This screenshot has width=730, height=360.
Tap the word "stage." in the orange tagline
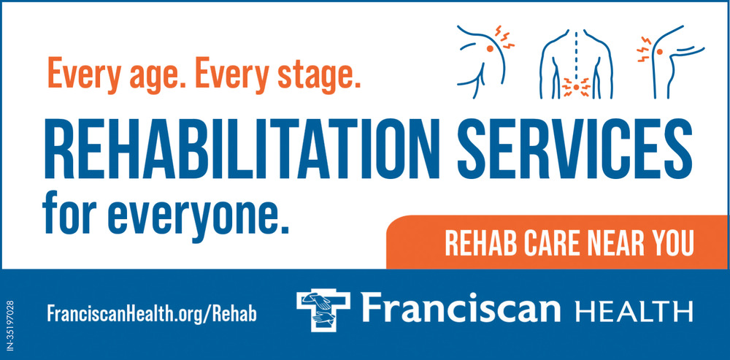tap(319, 75)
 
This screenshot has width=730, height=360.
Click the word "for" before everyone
tap(69, 213)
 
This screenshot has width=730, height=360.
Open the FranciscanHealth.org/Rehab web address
tap(152, 314)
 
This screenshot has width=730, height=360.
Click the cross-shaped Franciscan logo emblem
tap(323, 310)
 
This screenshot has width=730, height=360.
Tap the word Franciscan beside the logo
tap(461, 308)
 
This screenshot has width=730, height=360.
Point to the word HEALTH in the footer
tap(634, 311)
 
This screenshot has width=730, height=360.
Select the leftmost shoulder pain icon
tap(485, 61)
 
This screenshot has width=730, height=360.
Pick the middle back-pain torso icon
tap(577, 64)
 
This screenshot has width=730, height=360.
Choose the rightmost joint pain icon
tap(670, 61)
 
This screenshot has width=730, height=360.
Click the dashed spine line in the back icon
tap(577, 56)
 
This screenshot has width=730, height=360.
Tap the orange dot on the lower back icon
tap(577, 87)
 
